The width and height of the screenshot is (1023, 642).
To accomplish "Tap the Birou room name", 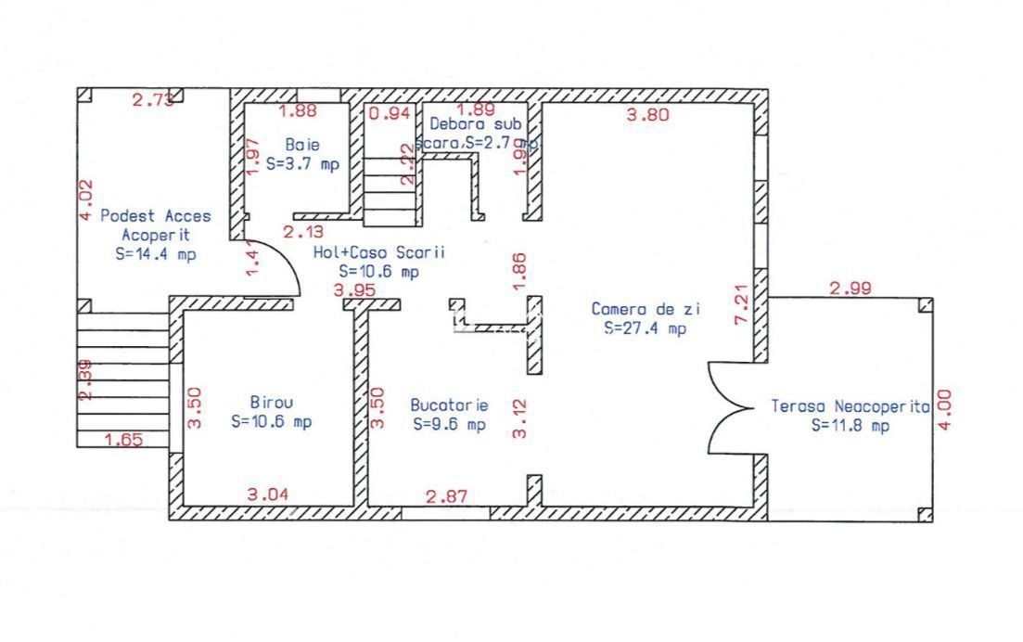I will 272,403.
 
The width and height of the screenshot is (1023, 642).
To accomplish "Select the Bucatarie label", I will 449,405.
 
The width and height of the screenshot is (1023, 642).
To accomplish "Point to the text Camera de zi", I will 639,309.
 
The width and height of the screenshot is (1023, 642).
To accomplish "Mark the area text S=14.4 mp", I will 156,253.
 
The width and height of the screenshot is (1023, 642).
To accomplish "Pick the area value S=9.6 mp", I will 449,424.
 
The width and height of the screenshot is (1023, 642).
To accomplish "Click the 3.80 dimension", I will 648,116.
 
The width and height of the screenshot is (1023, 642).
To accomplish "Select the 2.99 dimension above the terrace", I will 850,289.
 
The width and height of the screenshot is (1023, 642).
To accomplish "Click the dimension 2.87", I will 446,496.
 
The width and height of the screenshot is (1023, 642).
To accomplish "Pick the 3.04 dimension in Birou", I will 268,495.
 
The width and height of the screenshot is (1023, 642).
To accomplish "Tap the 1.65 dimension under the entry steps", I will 123,440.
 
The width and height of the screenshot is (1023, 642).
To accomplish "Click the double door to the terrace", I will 734,405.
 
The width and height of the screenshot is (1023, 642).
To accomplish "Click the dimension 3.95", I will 354,290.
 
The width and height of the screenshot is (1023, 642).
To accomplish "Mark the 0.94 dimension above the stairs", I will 390,113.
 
